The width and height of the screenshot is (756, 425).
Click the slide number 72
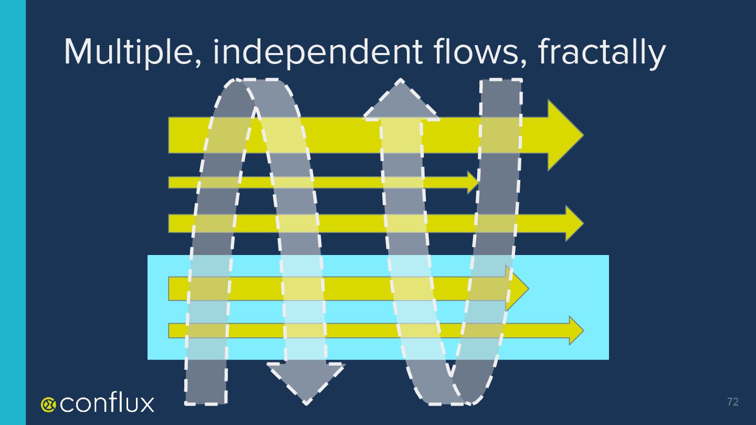(x=732, y=402)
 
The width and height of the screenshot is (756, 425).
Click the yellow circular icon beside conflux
(x=48, y=403)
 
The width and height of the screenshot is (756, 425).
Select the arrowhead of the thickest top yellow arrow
(x=564, y=135)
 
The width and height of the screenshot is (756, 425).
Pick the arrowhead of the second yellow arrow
(x=473, y=182)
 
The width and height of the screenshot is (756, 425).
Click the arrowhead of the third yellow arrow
(x=574, y=223)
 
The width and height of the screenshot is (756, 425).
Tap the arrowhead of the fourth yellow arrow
(x=517, y=288)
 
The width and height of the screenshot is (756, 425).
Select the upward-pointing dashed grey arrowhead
(x=401, y=102)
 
